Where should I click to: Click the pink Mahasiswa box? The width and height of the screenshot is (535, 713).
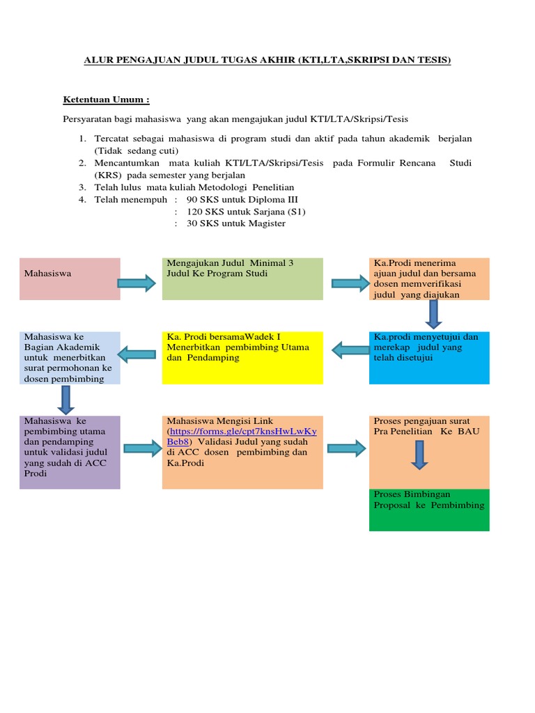pyautogui.click(x=70, y=279)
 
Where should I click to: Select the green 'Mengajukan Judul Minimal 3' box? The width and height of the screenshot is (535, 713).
pyautogui.click(x=242, y=279)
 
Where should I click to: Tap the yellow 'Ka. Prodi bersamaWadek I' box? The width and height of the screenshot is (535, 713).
pyautogui.click(x=242, y=357)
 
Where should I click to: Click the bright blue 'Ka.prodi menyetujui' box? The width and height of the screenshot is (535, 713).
pyautogui.click(x=429, y=357)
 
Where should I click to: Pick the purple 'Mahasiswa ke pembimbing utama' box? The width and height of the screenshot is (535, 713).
pyautogui.click(x=70, y=452)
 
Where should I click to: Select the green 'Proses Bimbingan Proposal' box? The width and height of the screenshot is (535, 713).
pyautogui.click(x=429, y=510)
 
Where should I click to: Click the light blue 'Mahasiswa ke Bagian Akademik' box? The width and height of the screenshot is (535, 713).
pyautogui.click(x=70, y=357)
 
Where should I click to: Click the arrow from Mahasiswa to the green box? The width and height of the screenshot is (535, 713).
pyautogui.click(x=136, y=283)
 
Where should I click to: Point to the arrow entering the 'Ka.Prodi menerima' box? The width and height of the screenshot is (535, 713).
pyautogui.click(x=349, y=283)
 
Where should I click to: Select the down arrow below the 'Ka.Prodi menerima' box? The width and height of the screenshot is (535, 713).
pyautogui.click(x=433, y=314)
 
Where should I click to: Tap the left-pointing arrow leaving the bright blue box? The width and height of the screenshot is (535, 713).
pyautogui.click(x=350, y=348)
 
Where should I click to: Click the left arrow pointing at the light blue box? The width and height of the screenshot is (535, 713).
pyautogui.click(x=136, y=354)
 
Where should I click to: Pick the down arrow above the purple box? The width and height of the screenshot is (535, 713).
pyautogui.click(x=67, y=400)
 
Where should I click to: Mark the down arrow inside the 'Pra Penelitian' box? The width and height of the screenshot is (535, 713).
pyautogui.click(x=419, y=454)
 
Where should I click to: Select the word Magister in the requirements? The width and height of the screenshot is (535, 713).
pyautogui.click(x=265, y=224)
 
